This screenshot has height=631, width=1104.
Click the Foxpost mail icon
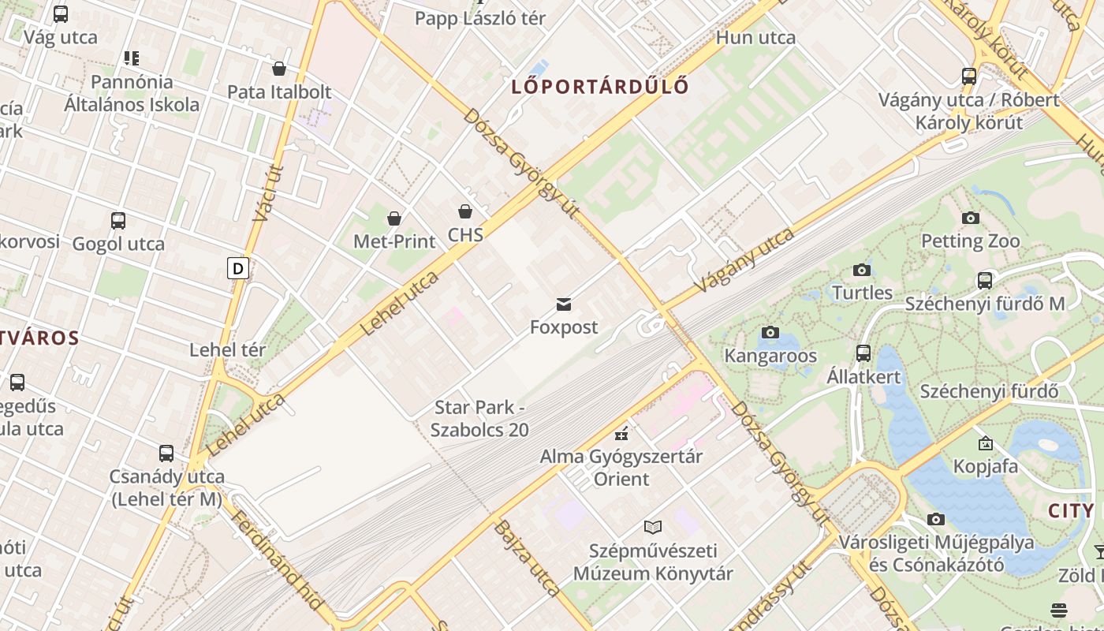click(x=563, y=304)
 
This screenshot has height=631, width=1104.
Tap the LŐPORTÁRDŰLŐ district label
click(x=600, y=86)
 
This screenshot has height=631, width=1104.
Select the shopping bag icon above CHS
click(x=465, y=211)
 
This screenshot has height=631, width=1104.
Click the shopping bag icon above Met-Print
click(x=394, y=218)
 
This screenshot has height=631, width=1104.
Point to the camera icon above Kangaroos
click(x=770, y=333)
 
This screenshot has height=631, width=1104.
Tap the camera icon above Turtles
click(x=862, y=270)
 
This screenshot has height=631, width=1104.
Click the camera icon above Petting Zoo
click(x=971, y=218)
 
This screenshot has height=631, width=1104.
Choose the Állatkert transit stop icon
click(x=863, y=353)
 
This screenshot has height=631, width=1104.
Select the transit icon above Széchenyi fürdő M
click(x=985, y=280)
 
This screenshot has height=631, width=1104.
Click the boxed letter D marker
click(x=237, y=268)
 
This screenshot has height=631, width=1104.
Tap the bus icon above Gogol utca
click(x=118, y=221)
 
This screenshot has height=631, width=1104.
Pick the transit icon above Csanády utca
click(x=166, y=454)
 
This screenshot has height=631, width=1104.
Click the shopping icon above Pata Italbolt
click(x=279, y=69)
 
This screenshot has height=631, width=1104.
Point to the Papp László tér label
click(x=480, y=18)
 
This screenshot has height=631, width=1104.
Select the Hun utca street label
click(x=755, y=37)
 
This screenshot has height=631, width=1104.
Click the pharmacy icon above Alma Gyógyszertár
click(x=621, y=433)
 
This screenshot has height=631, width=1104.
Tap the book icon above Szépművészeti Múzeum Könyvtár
click(x=653, y=527)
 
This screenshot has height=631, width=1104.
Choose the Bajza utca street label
click(x=527, y=557)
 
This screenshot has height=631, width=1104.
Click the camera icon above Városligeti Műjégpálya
click(x=936, y=519)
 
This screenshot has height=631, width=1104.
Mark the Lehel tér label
click(x=227, y=349)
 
